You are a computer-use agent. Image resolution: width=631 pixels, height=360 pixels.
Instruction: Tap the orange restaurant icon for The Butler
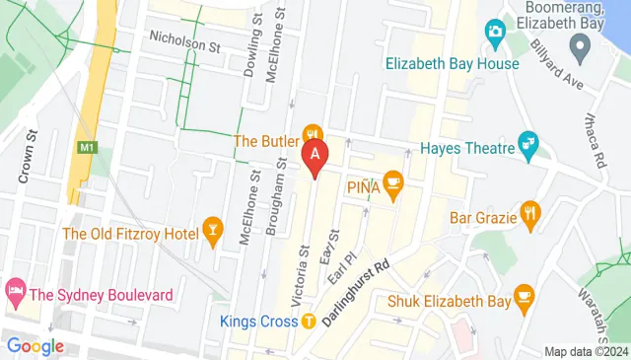314,134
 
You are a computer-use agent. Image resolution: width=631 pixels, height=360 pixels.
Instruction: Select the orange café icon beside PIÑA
392,180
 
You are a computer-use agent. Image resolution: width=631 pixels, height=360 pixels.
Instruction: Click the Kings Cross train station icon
309,320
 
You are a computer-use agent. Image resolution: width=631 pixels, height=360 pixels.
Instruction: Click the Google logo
35,345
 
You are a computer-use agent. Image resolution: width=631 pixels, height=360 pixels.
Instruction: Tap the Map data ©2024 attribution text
586,351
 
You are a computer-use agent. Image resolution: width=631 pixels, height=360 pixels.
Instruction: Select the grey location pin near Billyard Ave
581,45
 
